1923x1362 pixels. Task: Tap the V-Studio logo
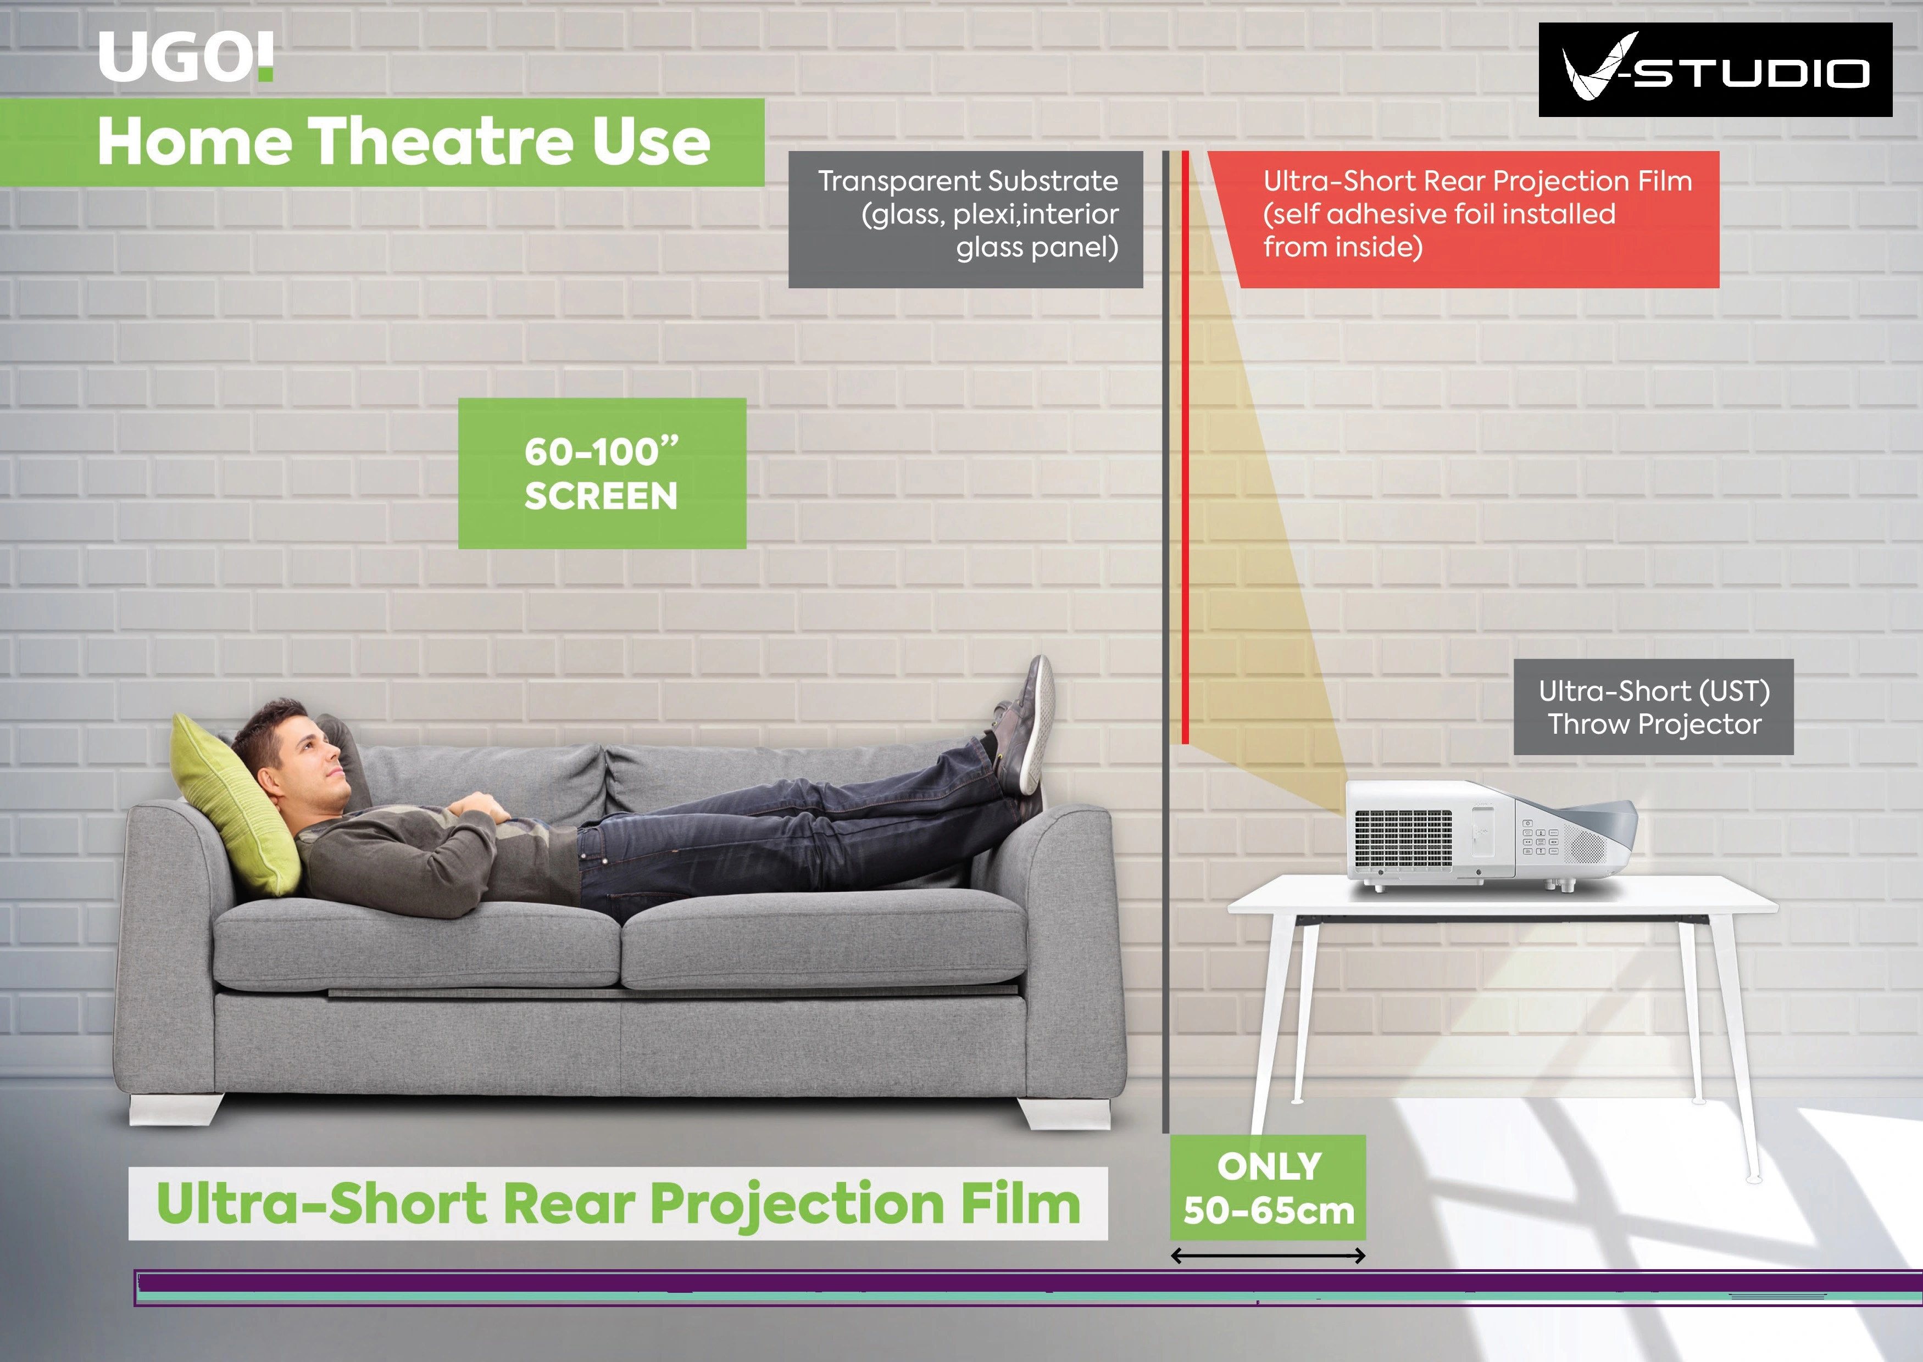point(1715,70)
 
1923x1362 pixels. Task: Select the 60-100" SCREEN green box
point(602,473)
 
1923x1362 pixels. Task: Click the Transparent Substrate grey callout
point(966,220)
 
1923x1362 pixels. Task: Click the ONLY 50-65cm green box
point(1268,1187)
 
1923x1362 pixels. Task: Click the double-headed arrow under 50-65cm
point(1268,1255)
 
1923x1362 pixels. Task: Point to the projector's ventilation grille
point(1403,839)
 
